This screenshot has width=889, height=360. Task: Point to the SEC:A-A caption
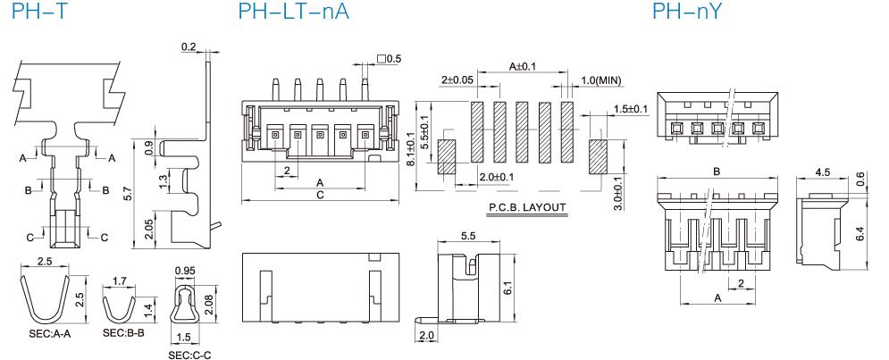(x=50, y=334)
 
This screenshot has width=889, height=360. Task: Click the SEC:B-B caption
(x=123, y=333)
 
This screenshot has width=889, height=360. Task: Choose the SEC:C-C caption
(x=190, y=356)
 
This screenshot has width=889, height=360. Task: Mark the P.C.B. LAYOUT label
(x=527, y=207)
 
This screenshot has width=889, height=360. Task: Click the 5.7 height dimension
(x=128, y=193)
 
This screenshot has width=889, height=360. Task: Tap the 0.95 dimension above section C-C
(x=185, y=271)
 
